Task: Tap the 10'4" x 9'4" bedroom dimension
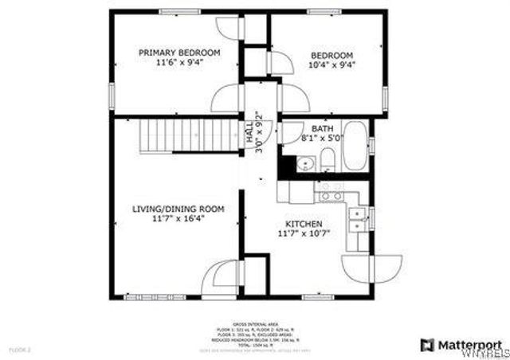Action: coord(331,65)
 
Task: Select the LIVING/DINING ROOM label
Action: coord(178,209)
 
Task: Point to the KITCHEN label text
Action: coord(304,224)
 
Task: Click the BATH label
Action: coord(322,127)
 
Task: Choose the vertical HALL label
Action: coord(249,138)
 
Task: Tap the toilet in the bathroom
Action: coord(327,162)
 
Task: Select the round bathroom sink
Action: coord(303,164)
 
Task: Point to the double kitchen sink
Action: coord(359,220)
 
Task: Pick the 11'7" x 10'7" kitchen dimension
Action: coord(304,235)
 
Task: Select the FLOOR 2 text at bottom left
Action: coord(16,350)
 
